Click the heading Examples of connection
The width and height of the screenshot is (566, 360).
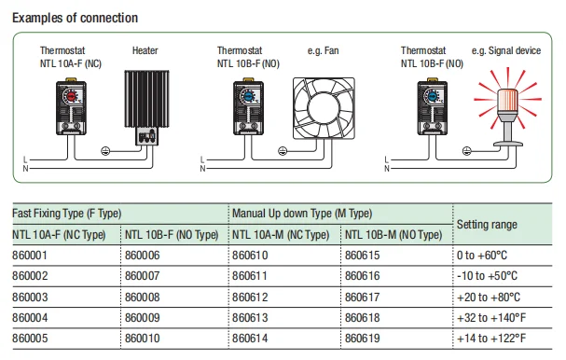tap(76, 18)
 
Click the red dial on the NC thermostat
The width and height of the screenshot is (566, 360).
tap(71, 96)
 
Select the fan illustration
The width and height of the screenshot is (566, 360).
tap(324, 108)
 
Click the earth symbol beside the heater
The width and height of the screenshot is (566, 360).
tap(105, 151)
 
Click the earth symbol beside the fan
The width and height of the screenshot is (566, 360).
tap(283, 151)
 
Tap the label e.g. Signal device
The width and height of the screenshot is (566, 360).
tap(506, 50)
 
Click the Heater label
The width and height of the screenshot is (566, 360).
tap(145, 50)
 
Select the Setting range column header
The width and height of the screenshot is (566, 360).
tap(487, 225)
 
